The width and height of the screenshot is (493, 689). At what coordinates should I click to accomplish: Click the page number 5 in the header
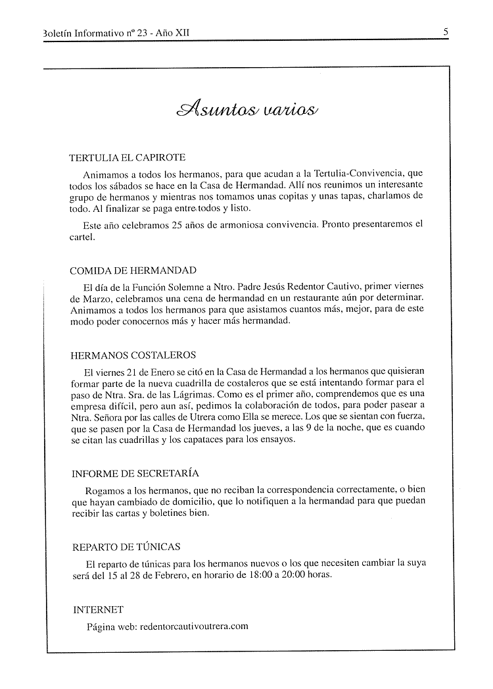coord(446,30)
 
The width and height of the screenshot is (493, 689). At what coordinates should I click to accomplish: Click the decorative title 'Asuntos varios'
coord(246,108)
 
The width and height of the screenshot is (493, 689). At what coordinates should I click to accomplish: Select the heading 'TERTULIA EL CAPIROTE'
coord(128,158)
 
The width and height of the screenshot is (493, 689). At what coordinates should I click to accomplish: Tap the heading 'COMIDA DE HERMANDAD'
coord(133,270)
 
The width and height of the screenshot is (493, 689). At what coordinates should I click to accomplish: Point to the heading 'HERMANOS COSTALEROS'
coord(133,355)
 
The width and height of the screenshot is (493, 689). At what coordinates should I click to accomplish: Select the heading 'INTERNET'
coord(98,610)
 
